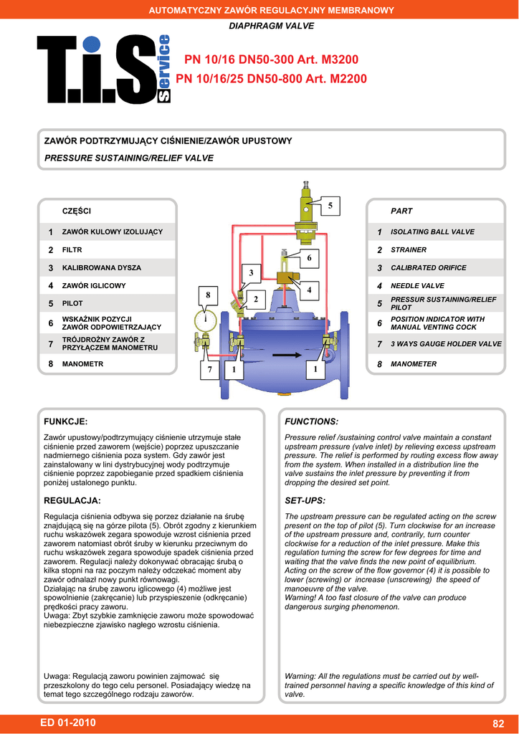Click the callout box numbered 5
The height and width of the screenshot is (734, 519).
pyautogui.click(x=330, y=206)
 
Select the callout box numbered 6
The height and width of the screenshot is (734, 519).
pyautogui.click(x=309, y=257)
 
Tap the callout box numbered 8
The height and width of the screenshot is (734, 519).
pyautogui.click(x=208, y=295)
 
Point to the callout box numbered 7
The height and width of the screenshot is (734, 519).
pyautogui.click(x=211, y=369)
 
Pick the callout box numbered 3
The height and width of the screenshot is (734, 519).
pyautogui.click(x=252, y=273)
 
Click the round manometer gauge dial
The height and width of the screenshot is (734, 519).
pyautogui.click(x=205, y=319)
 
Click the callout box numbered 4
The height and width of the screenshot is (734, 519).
pyautogui.click(x=309, y=290)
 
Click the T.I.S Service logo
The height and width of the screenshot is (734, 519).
pyautogui.click(x=105, y=69)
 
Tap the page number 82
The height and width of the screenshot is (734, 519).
pyautogui.click(x=499, y=723)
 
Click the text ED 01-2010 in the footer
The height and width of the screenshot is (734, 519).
pyautogui.click(x=69, y=723)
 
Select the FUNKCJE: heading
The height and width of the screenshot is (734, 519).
pyautogui.click(x=66, y=421)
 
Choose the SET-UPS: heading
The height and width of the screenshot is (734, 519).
pyautogui.click(x=305, y=500)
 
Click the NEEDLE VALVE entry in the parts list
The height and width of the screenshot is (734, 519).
pyautogui.click(x=417, y=286)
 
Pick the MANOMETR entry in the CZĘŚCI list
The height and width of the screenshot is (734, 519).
pyautogui.click(x=82, y=364)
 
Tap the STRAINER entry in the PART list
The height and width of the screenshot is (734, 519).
pyautogui.click(x=409, y=250)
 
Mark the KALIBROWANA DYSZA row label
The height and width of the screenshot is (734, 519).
pyautogui.click(x=102, y=268)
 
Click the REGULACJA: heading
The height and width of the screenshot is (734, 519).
pyautogui.click(x=72, y=500)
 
